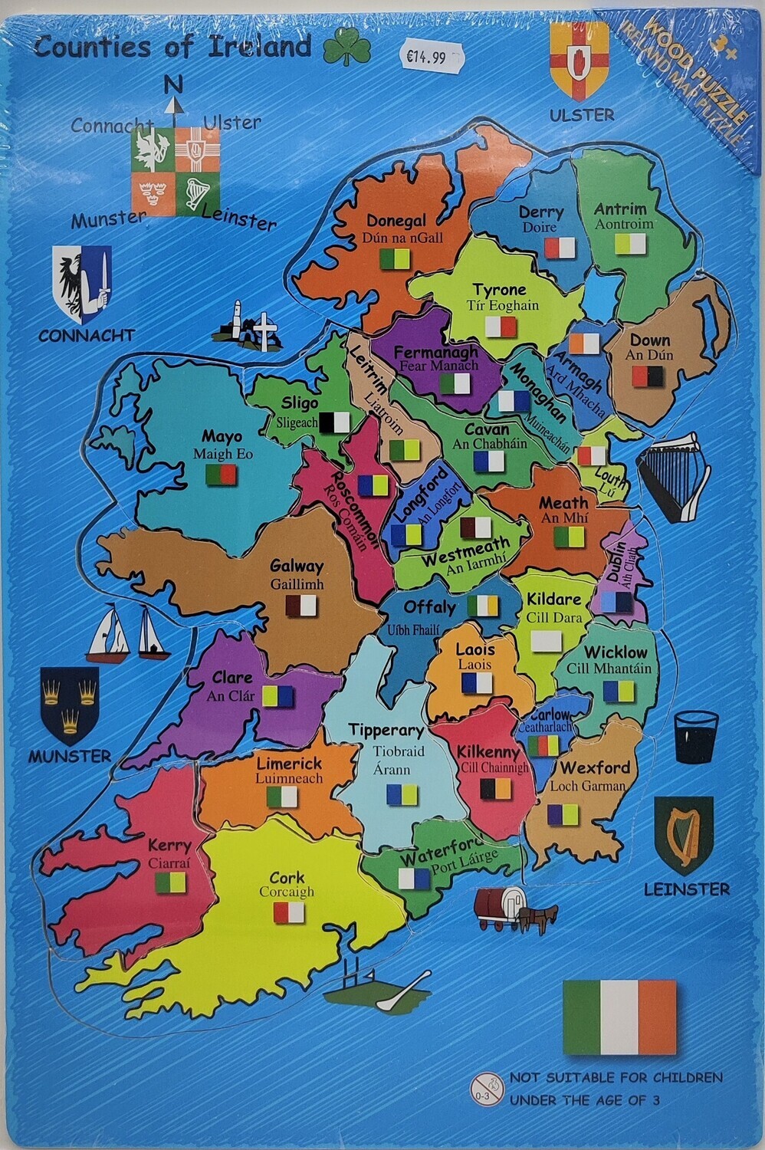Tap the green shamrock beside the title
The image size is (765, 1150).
[x=346, y=49]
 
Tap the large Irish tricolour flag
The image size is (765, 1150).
[x=619, y=1017]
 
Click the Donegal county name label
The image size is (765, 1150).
[x=396, y=221]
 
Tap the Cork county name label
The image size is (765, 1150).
[x=287, y=878]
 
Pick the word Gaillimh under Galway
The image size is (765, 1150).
[x=297, y=584]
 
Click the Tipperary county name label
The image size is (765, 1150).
[x=386, y=730]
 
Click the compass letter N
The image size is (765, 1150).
[x=174, y=84]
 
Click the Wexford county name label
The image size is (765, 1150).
[x=595, y=767]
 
